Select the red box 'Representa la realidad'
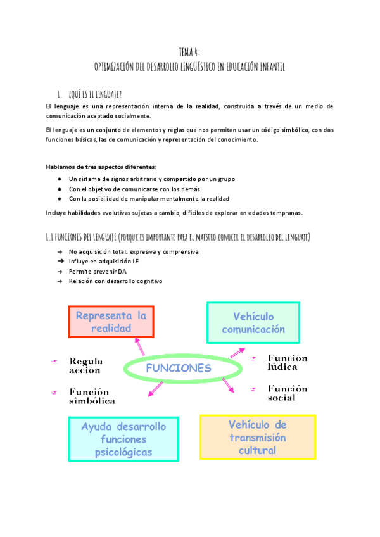[111, 322]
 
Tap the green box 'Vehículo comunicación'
[253, 322]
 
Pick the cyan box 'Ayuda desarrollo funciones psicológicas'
[123, 439]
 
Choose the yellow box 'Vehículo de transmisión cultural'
[257, 437]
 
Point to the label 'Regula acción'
[85, 365]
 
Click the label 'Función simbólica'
[92, 396]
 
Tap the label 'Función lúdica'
[287, 362]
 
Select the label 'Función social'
[287, 393]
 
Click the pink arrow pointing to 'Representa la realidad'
[138, 346]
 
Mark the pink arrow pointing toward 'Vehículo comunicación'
[236, 352]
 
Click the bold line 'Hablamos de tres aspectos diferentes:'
[101, 167]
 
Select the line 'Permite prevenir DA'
[98, 271]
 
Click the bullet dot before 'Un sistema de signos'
[59, 179]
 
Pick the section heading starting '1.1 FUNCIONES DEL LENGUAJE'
[177, 237]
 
